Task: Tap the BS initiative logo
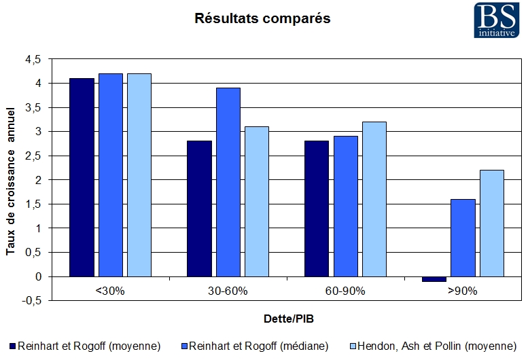[499, 20]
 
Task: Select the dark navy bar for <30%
[82, 177]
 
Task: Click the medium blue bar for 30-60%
[228, 182]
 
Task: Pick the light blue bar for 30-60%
[258, 201]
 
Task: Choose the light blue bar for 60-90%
[374, 199]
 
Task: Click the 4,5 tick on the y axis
[33, 60]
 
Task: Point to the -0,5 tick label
[31, 300]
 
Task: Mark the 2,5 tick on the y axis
[33, 156]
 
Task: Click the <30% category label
[110, 291]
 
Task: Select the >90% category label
[463, 291]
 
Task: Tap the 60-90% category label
[345, 291]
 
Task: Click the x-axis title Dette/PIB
[288, 318]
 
